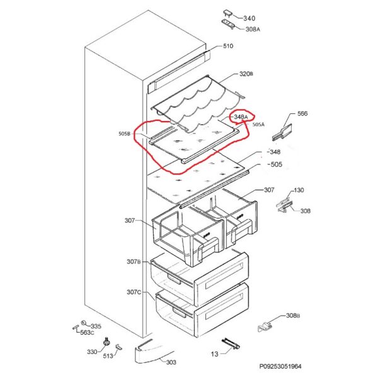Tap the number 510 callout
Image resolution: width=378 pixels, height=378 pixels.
point(227,46)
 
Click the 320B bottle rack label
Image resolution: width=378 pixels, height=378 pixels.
point(246,74)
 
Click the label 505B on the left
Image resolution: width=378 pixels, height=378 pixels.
point(124,134)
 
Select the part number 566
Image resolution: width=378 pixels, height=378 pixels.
point(302,114)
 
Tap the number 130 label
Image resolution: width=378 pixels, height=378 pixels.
point(299,190)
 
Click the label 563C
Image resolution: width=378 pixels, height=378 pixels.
point(86,333)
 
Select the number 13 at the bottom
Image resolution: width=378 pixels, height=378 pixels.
point(214,355)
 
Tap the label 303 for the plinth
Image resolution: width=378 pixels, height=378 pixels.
point(171,363)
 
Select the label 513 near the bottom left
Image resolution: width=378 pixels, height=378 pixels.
point(108,357)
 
